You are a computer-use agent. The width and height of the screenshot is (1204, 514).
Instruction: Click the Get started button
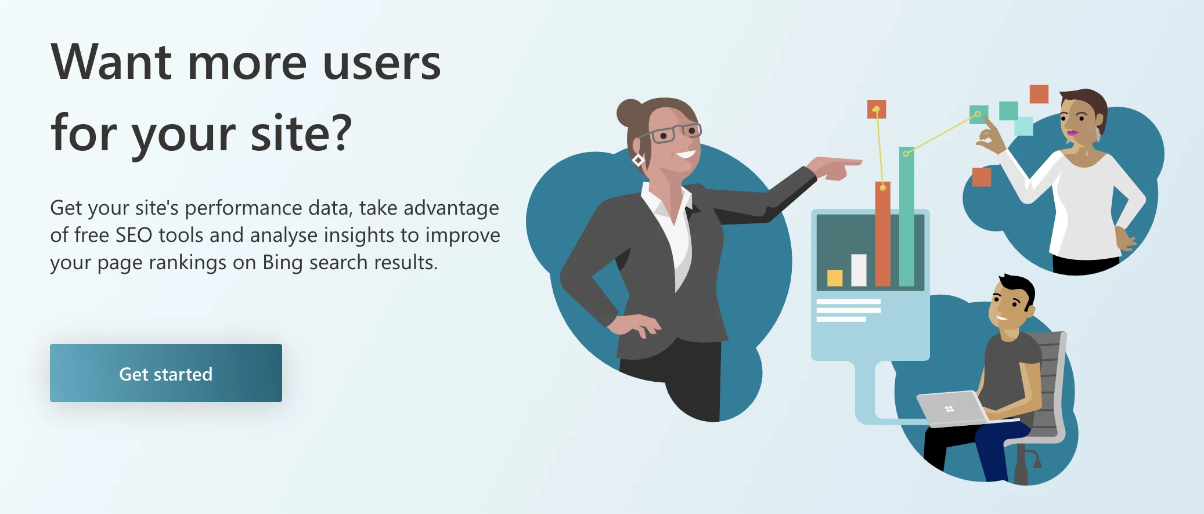[x=165, y=373]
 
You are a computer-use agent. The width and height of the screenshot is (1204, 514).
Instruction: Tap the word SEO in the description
[x=134, y=235]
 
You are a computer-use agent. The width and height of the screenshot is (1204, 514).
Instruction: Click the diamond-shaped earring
[x=638, y=160]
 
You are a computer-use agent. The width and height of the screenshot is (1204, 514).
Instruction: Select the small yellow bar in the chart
[x=834, y=277]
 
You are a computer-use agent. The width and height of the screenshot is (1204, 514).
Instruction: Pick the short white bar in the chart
[x=859, y=270]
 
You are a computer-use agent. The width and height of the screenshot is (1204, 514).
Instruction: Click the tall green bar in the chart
[x=906, y=220]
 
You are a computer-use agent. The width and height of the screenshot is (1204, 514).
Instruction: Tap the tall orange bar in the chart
[x=882, y=238]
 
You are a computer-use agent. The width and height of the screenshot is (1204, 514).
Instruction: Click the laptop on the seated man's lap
[x=951, y=408]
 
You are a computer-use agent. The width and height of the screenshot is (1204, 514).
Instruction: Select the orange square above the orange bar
[x=876, y=109]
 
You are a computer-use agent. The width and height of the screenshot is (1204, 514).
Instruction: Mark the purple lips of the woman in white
[x=1071, y=134]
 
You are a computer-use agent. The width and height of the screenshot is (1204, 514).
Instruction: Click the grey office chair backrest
[x=1051, y=383]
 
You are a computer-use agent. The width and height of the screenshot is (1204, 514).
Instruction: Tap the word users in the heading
[x=381, y=63]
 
